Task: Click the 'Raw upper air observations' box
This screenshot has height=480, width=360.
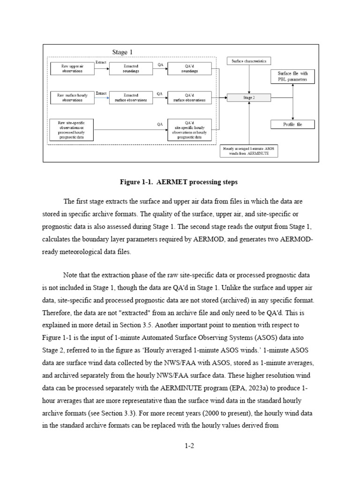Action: click(72, 68)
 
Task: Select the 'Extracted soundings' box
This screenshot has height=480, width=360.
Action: click(131, 68)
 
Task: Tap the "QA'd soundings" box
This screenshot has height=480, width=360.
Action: click(190, 68)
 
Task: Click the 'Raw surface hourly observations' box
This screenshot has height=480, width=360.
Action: click(72, 97)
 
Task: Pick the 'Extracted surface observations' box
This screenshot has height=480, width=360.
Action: click(131, 97)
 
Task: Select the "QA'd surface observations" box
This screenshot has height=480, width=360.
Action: click(190, 97)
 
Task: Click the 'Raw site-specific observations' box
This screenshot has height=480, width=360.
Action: click(72, 130)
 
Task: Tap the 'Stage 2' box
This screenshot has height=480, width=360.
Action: click(249, 97)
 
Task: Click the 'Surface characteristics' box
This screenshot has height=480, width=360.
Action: click(249, 61)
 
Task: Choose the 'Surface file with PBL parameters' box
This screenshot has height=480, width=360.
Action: click(292, 76)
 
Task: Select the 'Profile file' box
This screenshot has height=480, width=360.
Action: click(292, 124)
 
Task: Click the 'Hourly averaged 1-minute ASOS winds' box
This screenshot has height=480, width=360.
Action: click(249, 151)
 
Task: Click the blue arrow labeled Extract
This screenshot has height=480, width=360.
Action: click(102, 97)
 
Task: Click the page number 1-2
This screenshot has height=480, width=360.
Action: click(189, 446)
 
